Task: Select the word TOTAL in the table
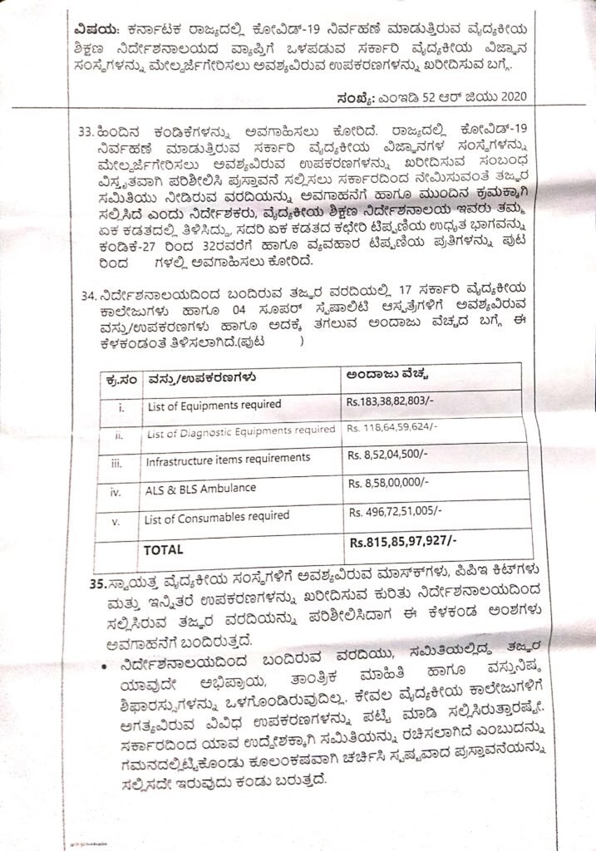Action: [165, 549]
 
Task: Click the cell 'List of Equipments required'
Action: [213, 405]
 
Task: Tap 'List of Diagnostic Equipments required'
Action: [239, 430]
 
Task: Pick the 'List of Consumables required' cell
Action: [217, 517]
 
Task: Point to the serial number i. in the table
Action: [120, 406]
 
